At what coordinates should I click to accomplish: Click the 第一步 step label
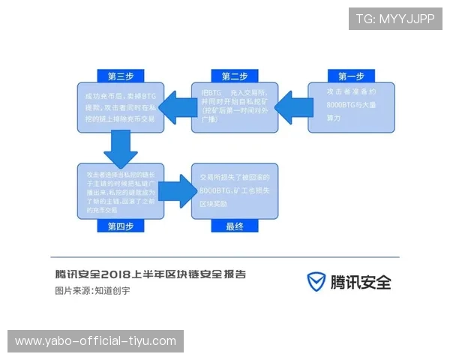click(x=350, y=76)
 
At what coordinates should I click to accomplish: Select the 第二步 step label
click(x=234, y=76)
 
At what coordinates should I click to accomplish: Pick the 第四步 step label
click(x=119, y=226)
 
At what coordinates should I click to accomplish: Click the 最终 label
click(x=234, y=226)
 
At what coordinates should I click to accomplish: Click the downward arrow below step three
click(x=120, y=148)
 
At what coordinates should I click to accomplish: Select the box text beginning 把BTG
click(x=234, y=106)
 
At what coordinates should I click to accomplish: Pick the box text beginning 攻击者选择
click(x=120, y=190)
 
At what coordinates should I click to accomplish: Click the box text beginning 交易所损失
click(x=234, y=190)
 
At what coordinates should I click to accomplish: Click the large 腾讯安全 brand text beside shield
click(x=361, y=282)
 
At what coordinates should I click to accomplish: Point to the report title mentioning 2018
click(x=150, y=274)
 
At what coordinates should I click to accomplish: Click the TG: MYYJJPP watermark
click(x=395, y=19)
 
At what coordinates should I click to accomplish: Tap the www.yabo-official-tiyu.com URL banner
click(x=96, y=341)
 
